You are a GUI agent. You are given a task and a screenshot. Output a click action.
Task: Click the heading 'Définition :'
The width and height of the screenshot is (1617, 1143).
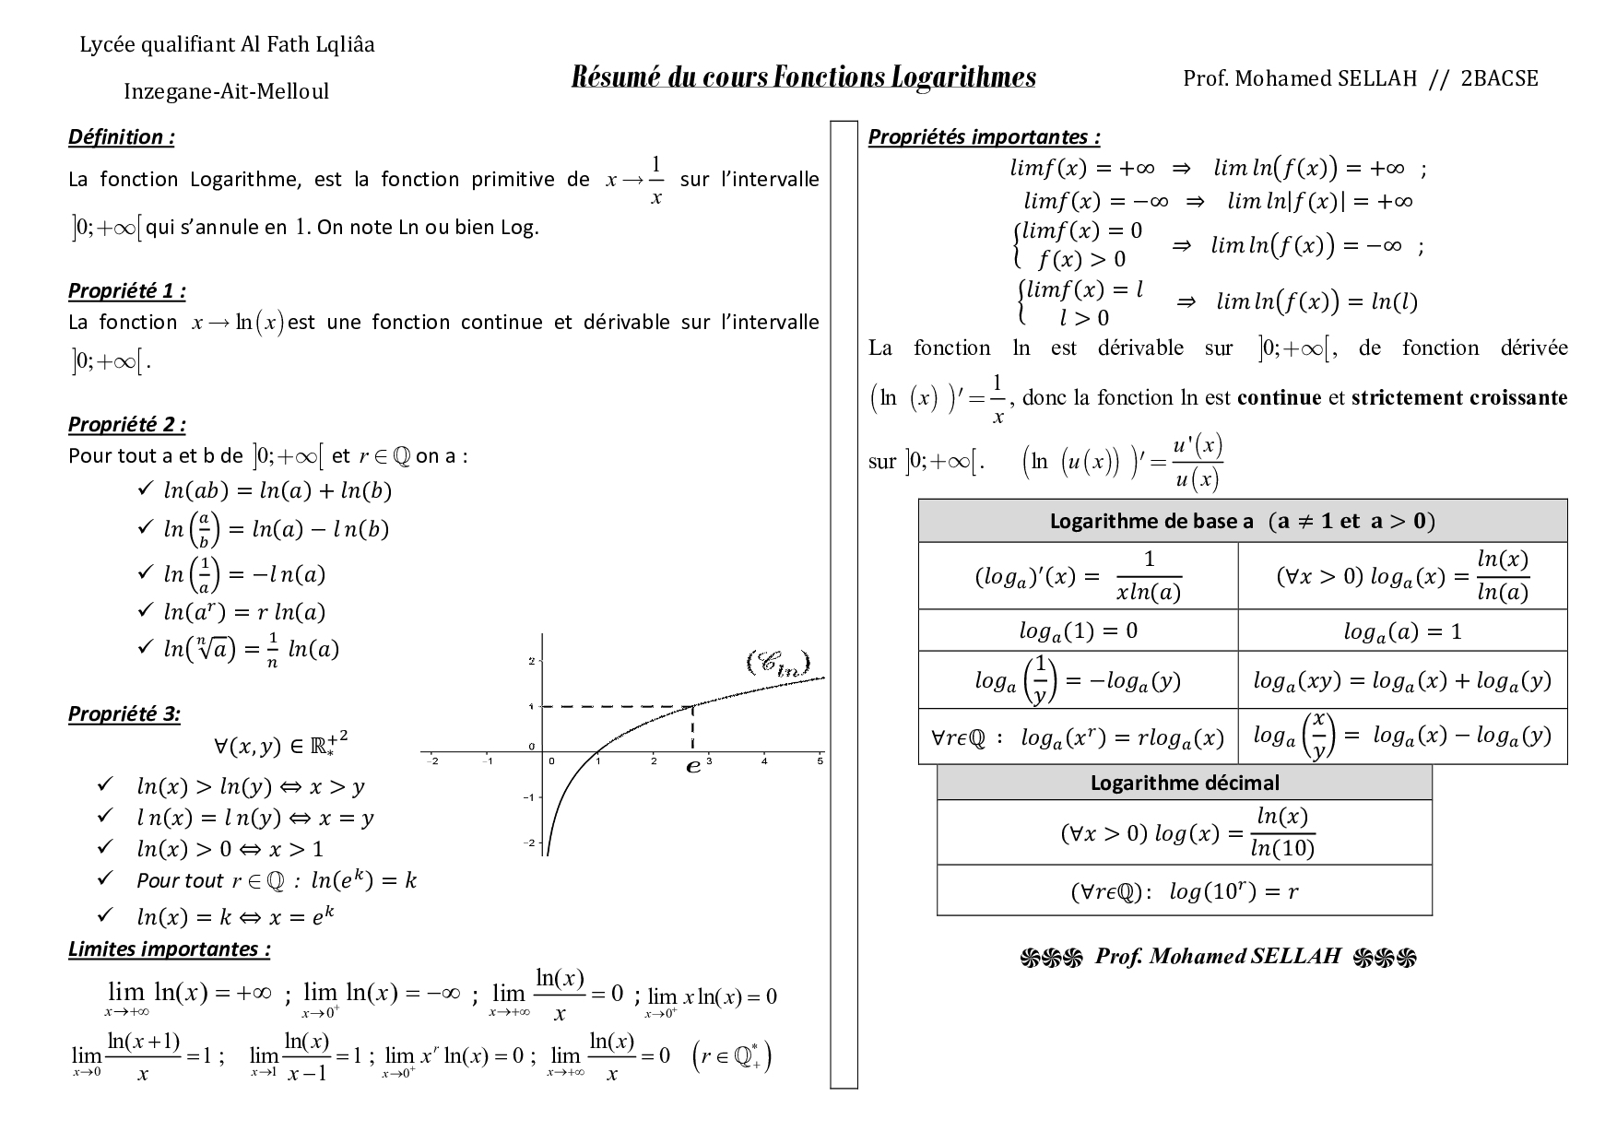pos(121,137)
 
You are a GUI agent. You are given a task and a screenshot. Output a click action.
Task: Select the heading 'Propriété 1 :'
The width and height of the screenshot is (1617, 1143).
pos(127,291)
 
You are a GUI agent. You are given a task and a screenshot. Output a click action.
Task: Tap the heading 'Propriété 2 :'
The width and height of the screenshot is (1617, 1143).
pos(127,425)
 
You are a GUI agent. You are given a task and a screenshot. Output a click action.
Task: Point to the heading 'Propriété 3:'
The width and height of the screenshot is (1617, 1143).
pos(124,714)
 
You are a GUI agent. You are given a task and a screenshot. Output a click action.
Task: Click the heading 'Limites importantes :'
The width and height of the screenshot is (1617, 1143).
pos(169,949)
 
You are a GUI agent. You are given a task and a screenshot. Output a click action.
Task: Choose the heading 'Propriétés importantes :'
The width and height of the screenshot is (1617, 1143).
pos(984,137)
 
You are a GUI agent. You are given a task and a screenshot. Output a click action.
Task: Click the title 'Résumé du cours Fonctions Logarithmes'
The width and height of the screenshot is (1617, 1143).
pos(803,77)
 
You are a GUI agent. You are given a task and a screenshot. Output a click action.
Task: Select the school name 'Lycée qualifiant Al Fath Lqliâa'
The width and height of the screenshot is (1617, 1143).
pos(227,44)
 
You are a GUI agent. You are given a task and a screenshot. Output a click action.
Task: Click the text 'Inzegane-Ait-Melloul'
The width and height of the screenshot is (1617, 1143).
pos(226,91)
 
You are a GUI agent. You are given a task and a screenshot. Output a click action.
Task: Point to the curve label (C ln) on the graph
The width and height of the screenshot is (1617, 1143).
pos(777,664)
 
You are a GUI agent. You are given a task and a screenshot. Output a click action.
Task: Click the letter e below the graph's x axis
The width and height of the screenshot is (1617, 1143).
pos(693,766)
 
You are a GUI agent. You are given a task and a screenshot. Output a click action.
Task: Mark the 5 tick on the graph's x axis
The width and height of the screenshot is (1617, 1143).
pos(820,761)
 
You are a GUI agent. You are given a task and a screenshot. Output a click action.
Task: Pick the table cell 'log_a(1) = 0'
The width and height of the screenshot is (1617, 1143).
pos(1078,631)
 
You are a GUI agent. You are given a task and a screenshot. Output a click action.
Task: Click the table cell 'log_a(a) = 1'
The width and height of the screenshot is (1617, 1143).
pos(1402,631)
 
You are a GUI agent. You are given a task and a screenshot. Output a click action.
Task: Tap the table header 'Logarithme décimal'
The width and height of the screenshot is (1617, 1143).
pos(1184,783)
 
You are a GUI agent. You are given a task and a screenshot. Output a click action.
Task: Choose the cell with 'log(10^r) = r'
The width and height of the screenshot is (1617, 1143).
pos(1184,891)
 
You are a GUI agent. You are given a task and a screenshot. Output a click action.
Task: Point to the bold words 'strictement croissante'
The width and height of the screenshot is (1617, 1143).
pos(1458,398)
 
